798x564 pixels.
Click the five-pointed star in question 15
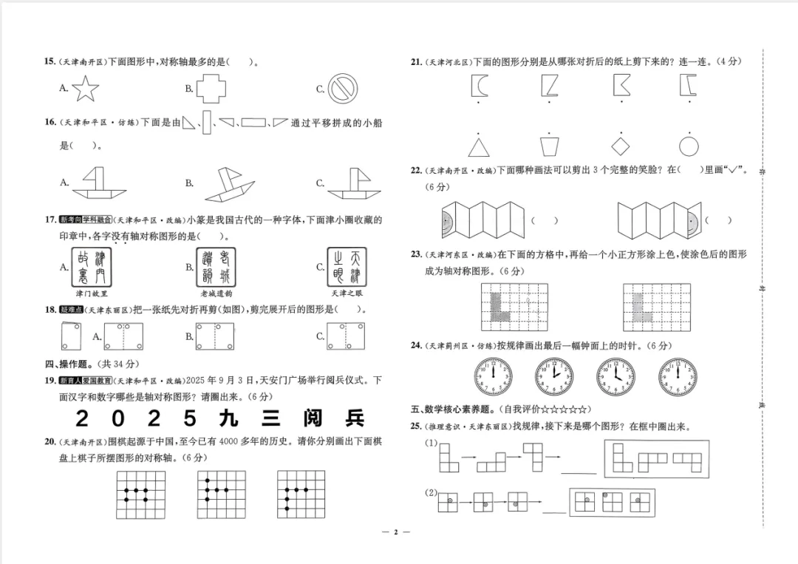coord(86,89)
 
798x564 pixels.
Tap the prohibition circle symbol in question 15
coord(343,89)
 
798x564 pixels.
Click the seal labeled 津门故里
coord(92,267)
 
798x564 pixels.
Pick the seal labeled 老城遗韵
coord(216,267)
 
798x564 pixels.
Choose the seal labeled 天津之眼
coord(347,267)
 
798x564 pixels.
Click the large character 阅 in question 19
coord(312,418)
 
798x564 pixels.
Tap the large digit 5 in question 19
coord(190,418)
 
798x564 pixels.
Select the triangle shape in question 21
coord(479,146)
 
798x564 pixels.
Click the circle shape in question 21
coord(689,146)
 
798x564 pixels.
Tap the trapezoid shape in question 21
coord(549,146)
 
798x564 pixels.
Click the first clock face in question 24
coord(492,376)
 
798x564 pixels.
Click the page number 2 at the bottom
coord(395,532)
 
